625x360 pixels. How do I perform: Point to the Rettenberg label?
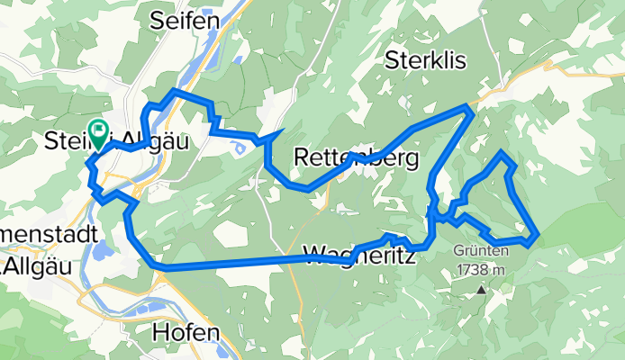(357, 159)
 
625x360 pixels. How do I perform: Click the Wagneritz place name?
(360, 256)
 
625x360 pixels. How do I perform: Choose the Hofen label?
(186, 331)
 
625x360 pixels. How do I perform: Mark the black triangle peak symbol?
(483, 290)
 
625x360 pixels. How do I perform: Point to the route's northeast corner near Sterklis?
(469, 106)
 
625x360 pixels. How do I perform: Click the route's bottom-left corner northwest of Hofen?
(157, 266)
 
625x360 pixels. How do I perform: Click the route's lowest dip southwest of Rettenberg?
(306, 189)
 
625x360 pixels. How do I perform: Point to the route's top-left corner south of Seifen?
(174, 92)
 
